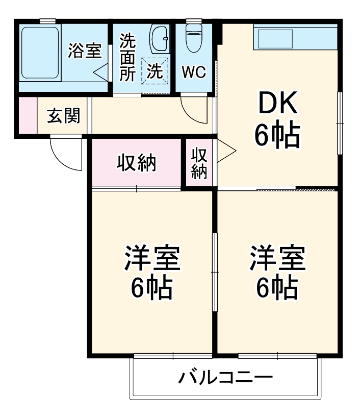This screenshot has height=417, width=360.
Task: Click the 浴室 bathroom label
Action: pos(85,51)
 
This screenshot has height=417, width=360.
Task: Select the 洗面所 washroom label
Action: pos(128,58)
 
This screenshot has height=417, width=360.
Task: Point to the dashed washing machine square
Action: pos(155,71)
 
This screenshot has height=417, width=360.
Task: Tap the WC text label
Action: pos(194,72)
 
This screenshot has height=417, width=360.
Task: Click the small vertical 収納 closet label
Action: pos(199,163)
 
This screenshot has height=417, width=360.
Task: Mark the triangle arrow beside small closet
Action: pos(226,152)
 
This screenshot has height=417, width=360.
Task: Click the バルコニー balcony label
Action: pos(225,378)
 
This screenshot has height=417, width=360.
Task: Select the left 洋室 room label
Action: pos(151,259)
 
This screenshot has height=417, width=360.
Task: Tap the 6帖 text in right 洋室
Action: pos(277,288)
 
